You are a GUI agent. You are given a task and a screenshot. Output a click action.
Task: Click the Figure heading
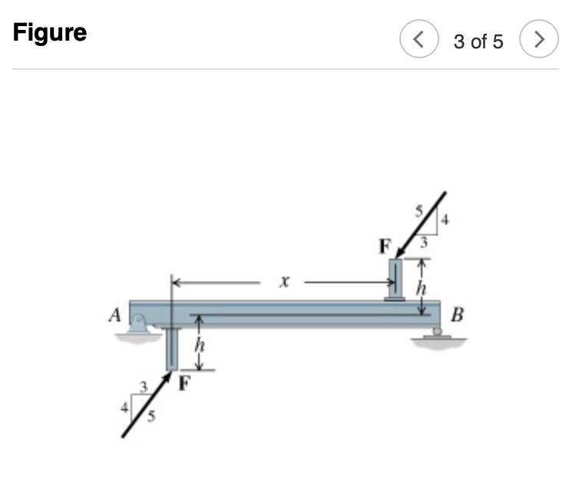pyautogui.click(x=50, y=33)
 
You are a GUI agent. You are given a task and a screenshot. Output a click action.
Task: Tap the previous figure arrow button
pyautogui.click(x=419, y=40)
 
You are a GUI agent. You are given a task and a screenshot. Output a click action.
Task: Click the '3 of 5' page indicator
pyautogui.click(x=478, y=41)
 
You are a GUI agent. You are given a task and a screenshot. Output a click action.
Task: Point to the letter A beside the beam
pyautogui.click(x=115, y=314)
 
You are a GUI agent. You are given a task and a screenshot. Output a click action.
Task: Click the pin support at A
pyautogui.click(x=140, y=325)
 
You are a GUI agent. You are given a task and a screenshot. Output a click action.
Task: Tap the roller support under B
pyautogui.click(x=437, y=334)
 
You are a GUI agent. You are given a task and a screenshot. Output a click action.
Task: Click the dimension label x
pyautogui.click(x=283, y=282)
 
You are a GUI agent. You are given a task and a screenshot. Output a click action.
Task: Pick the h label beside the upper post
pyautogui.click(x=420, y=288)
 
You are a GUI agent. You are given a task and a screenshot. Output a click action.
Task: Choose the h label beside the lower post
pyautogui.click(x=199, y=345)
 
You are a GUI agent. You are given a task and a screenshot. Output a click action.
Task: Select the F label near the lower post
pyautogui.click(x=184, y=384)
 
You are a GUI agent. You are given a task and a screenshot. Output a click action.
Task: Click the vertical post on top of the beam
pyautogui.click(x=395, y=279)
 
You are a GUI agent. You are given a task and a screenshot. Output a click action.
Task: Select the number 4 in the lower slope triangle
pyautogui.click(x=123, y=407)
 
